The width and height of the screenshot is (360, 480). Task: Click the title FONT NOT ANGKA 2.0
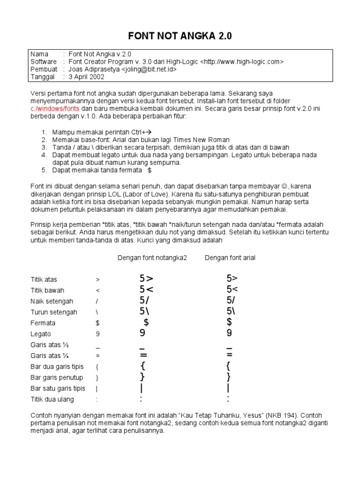(180, 36)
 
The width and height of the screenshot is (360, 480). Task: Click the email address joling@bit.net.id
(150, 69)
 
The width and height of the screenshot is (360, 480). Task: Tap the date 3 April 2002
(86, 77)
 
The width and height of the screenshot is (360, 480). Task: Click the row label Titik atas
(44, 279)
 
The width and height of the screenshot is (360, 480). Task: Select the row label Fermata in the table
(43, 323)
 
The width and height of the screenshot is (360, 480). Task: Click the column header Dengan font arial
(230, 258)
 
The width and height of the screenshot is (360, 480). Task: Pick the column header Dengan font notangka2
(152, 258)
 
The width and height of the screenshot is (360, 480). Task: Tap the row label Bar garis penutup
(57, 377)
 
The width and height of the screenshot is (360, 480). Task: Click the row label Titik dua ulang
(52, 399)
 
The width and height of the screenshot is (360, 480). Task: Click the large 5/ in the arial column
(231, 300)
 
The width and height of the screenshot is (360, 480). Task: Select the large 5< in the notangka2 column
(146, 290)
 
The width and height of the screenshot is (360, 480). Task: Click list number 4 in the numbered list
(44, 155)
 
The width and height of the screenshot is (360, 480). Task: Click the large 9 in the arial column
(229, 333)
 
